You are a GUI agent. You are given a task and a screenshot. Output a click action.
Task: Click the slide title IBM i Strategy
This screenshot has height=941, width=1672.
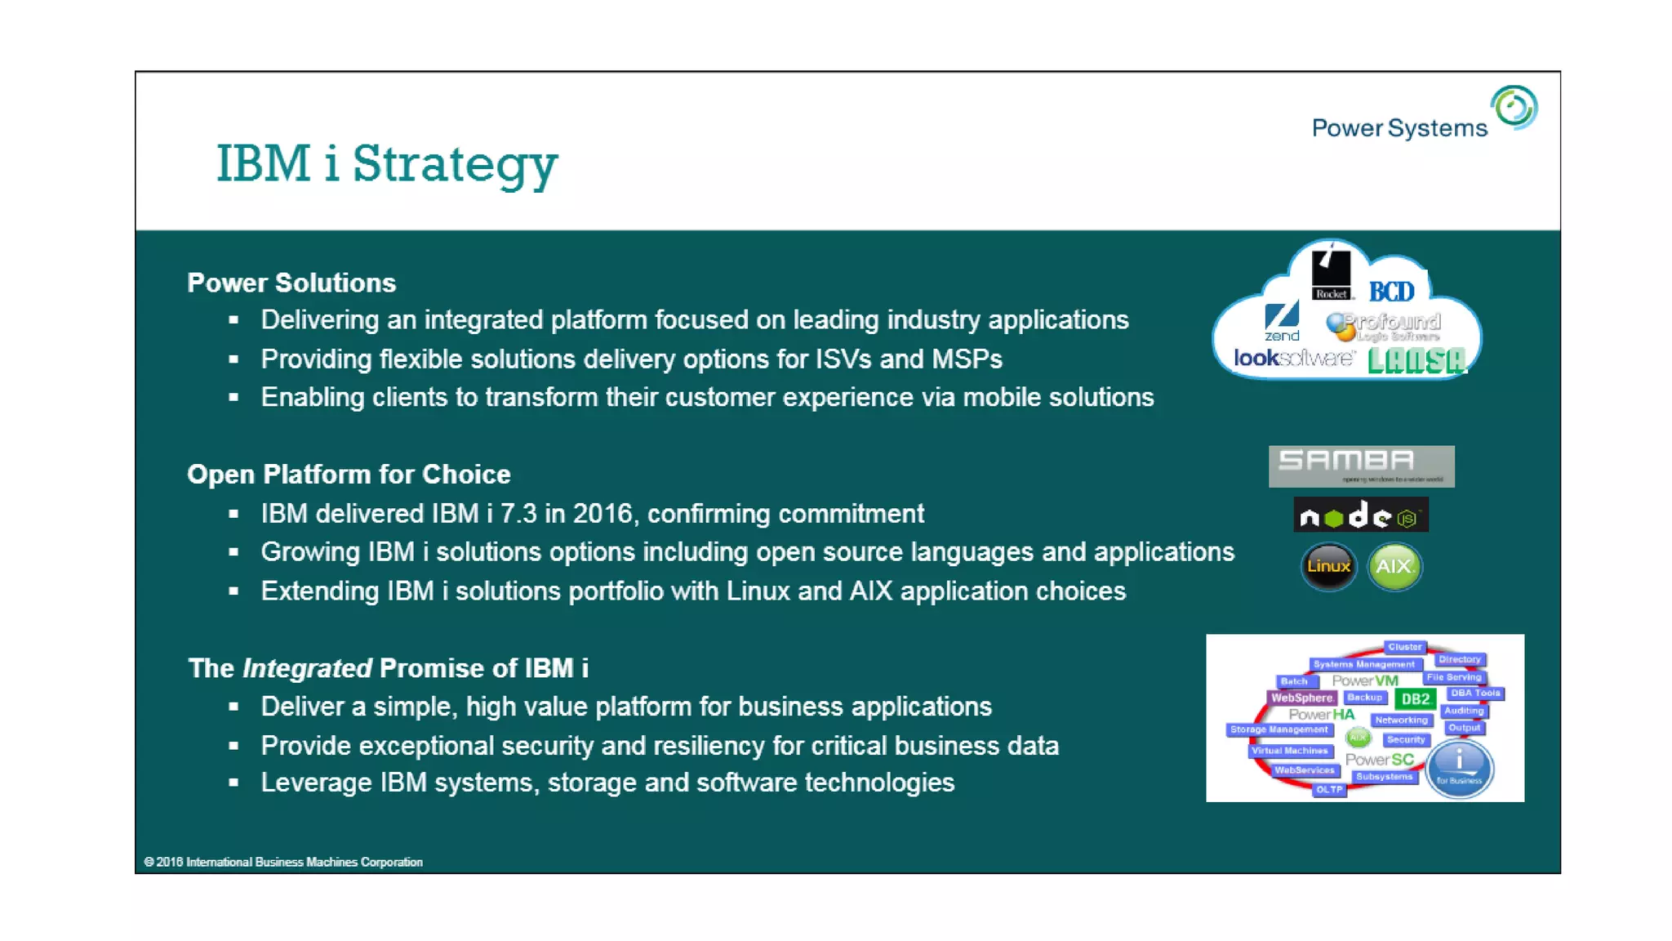coord(386,163)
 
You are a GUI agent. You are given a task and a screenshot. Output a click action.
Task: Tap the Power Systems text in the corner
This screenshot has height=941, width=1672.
coord(1399,128)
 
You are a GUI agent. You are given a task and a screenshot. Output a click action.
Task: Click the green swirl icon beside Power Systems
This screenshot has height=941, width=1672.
coord(1514,107)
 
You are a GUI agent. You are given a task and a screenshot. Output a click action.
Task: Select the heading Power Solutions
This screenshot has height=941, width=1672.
coord(291,283)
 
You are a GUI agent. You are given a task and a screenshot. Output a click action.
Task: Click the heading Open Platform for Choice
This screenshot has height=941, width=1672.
coord(349,475)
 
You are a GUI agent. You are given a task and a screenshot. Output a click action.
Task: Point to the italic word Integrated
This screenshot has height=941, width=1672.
coord(307,668)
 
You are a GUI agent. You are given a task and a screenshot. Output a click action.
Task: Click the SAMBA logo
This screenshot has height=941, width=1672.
coord(1361,466)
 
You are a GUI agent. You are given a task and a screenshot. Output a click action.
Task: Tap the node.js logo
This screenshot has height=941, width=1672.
coord(1360,515)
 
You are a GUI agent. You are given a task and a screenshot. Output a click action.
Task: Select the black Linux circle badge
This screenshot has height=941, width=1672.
coord(1328,566)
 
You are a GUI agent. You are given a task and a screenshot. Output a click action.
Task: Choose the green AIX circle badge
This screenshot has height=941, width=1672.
coord(1394,566)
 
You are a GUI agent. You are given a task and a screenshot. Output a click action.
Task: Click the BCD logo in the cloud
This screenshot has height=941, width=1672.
coord(1391,292)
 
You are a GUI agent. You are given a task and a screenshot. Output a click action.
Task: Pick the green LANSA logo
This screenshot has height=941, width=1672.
coord(1416,360)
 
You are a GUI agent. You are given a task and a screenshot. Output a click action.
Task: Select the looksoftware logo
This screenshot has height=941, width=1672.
coord(1294,358)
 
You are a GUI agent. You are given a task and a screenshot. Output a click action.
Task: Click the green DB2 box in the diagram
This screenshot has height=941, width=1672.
coord(1415,698)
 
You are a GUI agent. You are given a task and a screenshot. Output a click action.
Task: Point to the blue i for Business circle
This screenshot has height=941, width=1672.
coord(1460,768)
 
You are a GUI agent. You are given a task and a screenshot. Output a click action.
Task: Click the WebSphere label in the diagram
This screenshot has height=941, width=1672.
coord(1301,698)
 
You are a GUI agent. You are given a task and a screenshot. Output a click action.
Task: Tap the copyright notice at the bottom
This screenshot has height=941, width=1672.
coord(283,862)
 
